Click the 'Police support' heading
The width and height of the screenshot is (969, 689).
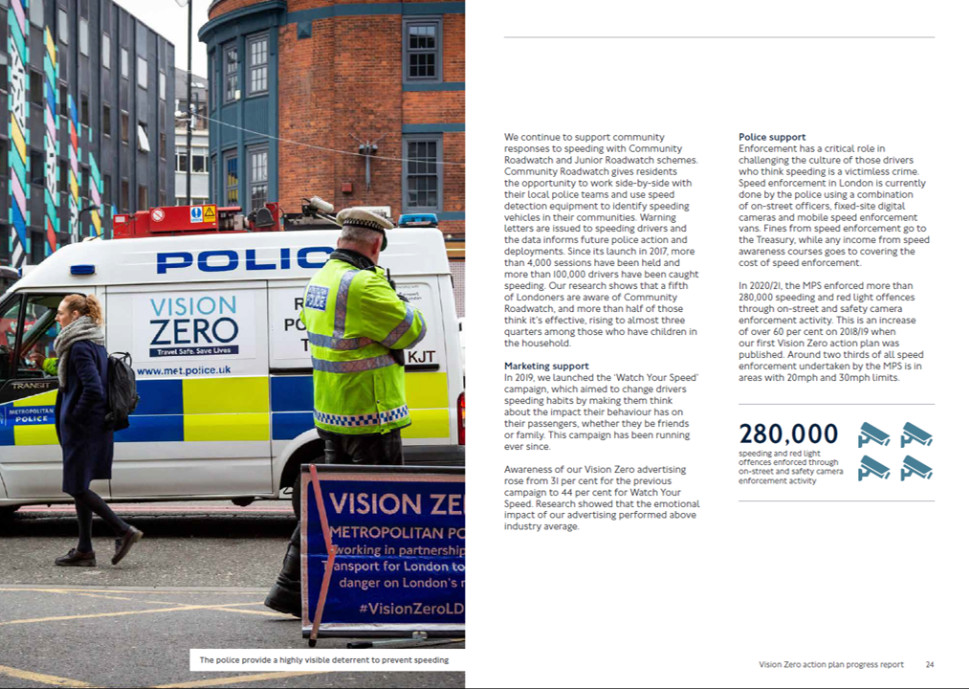tap(772, 137)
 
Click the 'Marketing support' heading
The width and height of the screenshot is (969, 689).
tap(546, 366)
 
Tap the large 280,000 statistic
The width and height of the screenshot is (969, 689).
tap(788, 433)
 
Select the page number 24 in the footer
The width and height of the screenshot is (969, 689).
tap(929, 664)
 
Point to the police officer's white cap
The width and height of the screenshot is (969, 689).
tap(364, 218)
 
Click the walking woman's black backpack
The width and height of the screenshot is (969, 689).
tap(121, 389)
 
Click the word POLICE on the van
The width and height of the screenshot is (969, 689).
tap(244, 260)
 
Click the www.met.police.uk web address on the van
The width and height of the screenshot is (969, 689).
tap(184, 370)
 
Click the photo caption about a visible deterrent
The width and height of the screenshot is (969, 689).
tap(323, 659)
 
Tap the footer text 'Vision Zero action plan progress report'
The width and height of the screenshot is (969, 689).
tap(830, 664)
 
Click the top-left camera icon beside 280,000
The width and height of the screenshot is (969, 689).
tap(873, 434)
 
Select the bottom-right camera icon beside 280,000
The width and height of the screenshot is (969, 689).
tap(915, 468)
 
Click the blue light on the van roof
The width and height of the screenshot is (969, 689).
tap(418, 220)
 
